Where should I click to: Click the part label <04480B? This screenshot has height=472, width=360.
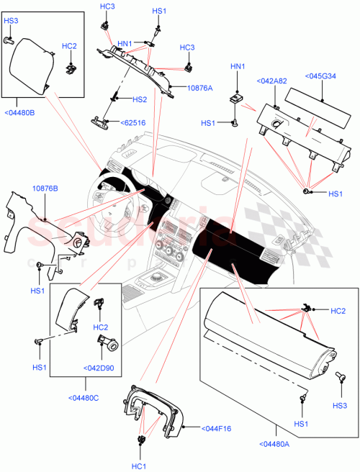coord(19,111)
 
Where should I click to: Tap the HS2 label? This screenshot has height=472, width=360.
coord(139,99)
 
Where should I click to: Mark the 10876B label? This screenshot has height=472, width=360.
coord(45,189)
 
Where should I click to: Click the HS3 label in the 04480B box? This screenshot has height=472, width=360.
coord(11,21)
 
